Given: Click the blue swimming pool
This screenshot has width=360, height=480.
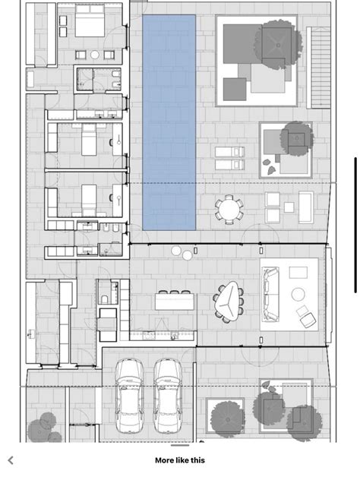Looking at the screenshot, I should [x=169, y=122].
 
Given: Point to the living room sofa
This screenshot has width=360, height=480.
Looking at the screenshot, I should [x=270, y=292].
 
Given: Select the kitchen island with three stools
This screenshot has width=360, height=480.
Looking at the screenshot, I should [x=175, y=302].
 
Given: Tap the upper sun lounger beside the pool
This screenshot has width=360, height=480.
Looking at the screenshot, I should [x=229, y=152].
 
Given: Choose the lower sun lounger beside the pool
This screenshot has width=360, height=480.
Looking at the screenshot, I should [x=229, y=164].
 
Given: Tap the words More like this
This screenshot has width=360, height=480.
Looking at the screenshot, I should [x=180, y=460].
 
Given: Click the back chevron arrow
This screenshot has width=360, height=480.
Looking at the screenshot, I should [x=11, y=460].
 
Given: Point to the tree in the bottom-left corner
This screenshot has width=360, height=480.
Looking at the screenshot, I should [x=42, y=425].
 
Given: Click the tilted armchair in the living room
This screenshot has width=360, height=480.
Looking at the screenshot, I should [x=306, y=316].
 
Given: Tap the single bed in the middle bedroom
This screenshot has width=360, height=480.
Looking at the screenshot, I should [x=89, y=140].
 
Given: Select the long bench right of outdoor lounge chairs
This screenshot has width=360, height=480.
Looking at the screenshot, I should [x=305, y=207].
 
